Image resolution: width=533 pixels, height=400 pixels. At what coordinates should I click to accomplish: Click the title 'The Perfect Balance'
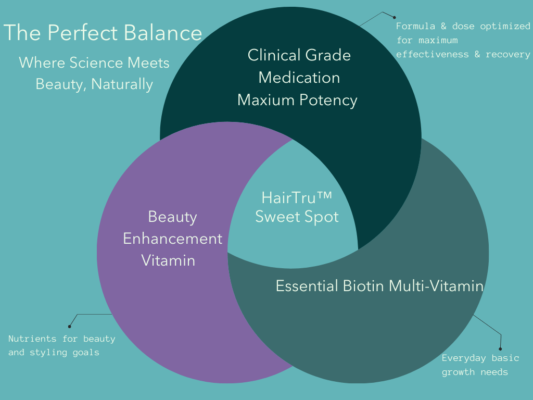click(x=103, y=33)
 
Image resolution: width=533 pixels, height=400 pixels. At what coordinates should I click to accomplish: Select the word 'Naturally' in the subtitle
click(x=122, y=84)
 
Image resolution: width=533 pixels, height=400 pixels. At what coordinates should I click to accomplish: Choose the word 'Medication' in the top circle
click(x=299, y=78)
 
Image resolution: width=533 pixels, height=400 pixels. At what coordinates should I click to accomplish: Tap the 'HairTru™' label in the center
click(x=296, y=198)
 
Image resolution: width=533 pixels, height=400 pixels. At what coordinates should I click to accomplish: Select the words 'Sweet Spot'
click(x=297, y=216)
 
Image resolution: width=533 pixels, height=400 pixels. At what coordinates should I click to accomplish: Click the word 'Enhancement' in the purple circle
click(x=172, y=239)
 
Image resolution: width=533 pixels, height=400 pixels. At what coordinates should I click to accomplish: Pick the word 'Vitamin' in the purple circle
click(x=168, y=260)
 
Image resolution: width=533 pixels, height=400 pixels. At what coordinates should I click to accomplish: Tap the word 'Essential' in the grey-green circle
click(x=307, y=285)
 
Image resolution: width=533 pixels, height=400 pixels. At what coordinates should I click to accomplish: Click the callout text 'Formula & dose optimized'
click(x=463, y=26)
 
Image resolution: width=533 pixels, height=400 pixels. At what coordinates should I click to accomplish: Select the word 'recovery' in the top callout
click(x=508, y=54)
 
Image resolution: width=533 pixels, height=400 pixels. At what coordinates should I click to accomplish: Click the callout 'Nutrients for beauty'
click(x=61, y=339)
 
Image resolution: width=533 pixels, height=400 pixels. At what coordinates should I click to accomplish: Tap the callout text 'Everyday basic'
click(x=480, y=358)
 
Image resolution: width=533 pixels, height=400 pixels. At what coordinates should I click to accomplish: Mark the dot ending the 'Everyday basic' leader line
click(x=500, y=349)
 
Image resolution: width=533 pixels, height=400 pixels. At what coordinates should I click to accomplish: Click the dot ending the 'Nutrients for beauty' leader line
click(x=70, y=326)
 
